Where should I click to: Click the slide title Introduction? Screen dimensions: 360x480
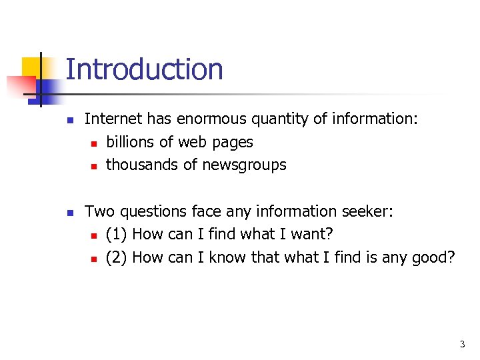tap(144, 69)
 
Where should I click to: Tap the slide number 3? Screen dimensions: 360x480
tap(462, 345)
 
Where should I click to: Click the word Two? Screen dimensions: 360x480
tap(99, 211)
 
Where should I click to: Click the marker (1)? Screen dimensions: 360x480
tap(117, 235)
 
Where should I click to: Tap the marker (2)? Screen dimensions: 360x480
tap(117, 257)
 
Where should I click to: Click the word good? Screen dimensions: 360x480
tap(431, 258)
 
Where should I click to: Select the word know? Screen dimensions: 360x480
tap(228, 257)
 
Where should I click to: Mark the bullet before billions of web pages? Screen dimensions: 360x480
tap(94, 143)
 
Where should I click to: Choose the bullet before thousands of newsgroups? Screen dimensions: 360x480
tap(94, 165)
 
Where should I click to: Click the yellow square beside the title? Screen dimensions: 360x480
tap(32, 67)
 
